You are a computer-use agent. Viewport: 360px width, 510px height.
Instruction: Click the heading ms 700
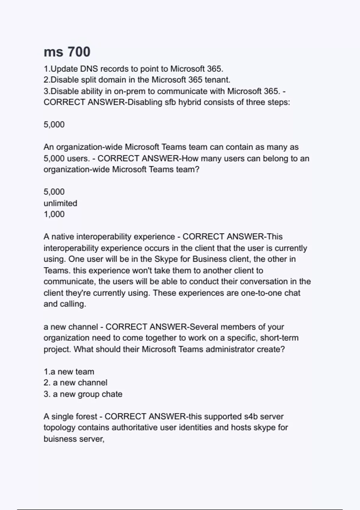[67, 52]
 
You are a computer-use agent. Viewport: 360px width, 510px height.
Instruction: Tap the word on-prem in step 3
[129, 91]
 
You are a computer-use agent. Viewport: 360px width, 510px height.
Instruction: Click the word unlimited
[60, 203]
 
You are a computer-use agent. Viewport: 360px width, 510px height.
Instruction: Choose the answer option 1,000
[54, 214]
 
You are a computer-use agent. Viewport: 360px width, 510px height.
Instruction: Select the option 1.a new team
[69, 372]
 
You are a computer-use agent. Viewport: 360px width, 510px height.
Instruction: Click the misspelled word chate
[113, 394]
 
